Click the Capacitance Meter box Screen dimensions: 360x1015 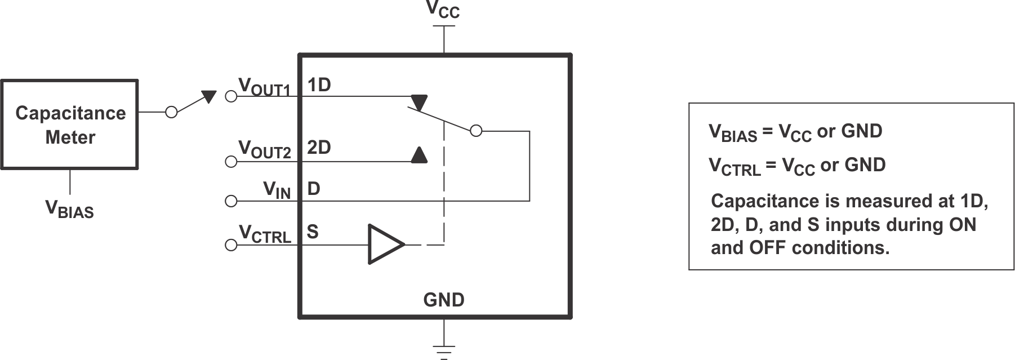[70, 125]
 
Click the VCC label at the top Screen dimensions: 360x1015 [443, 10]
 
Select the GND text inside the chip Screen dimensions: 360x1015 [444, 300]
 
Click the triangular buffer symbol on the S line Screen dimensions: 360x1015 [385, 244]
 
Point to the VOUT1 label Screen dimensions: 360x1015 [264, 87]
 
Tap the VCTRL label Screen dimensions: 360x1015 [265, 234]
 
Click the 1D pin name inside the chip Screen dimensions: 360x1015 [319, 85]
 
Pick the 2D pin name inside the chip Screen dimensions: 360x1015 [319, 148]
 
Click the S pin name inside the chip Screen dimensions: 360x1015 [313, 232]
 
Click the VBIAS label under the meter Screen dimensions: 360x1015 [69, 209]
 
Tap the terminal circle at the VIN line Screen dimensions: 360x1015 [230, 201]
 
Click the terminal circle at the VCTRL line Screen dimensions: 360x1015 [230, 245]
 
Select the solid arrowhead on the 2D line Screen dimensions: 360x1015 [419, 155]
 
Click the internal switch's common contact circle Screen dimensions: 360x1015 [476, 131]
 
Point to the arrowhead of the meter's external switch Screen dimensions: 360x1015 [209, 96]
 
